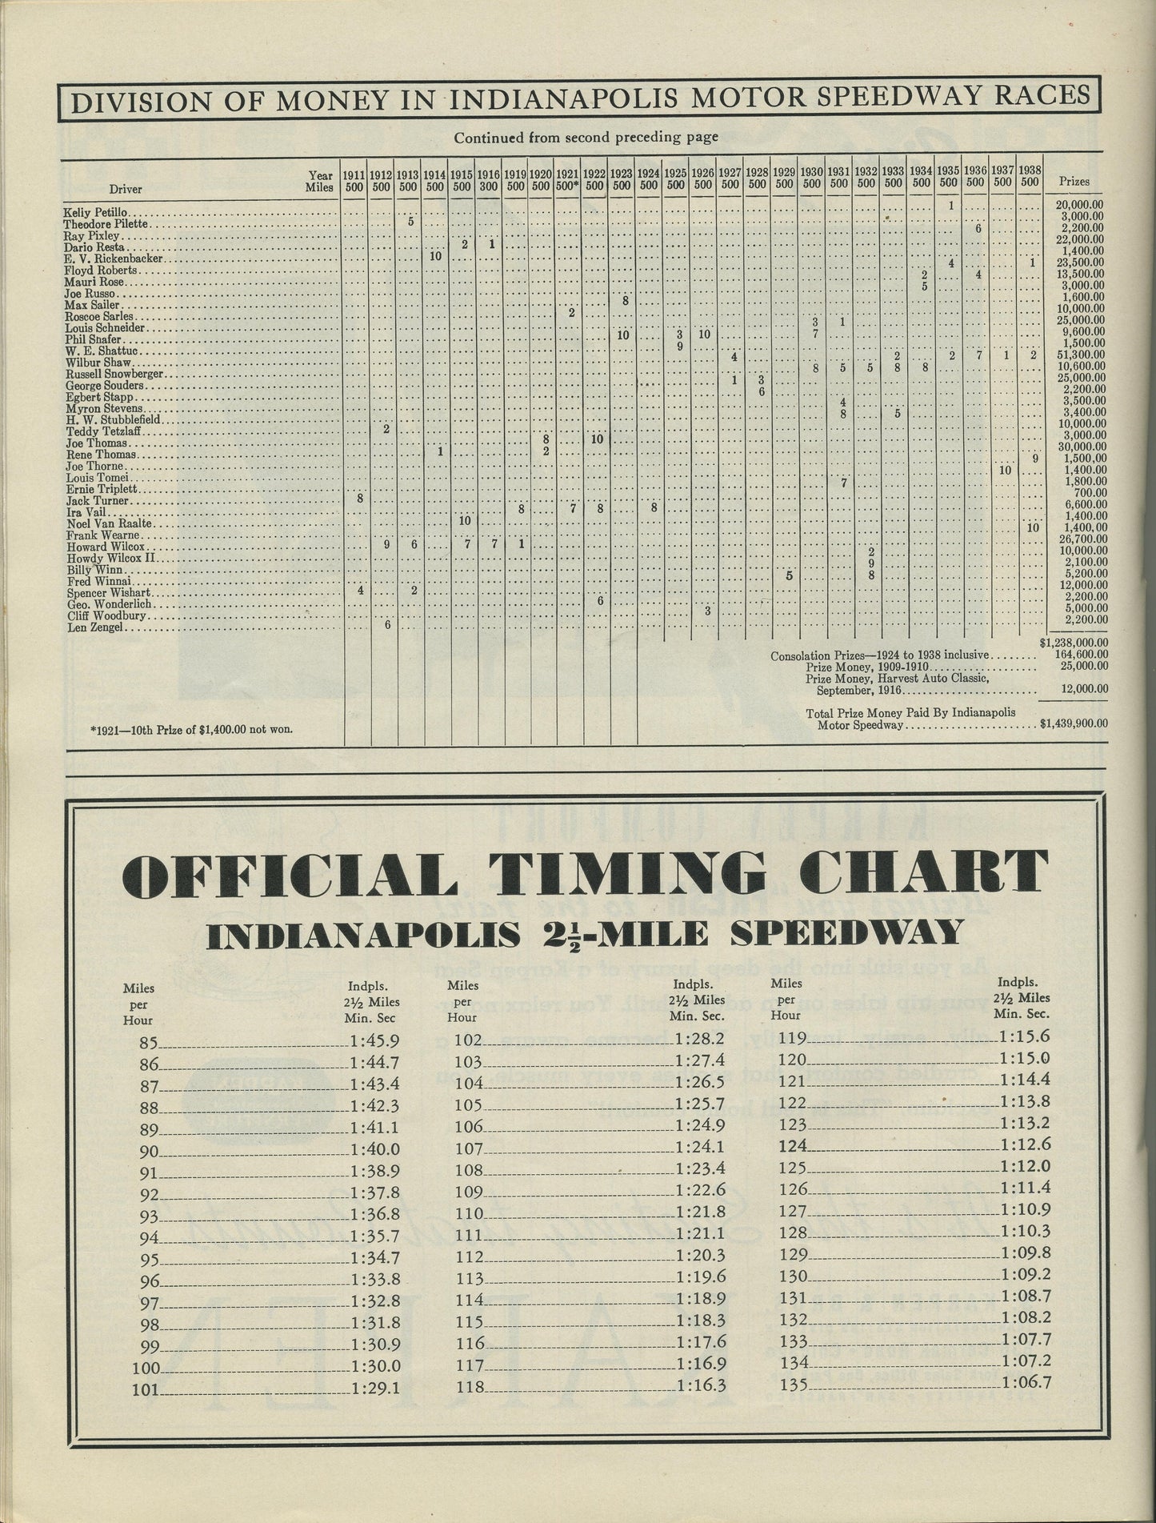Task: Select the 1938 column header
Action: [1030, 177]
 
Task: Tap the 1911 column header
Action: [354, 178]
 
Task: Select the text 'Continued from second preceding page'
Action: [586, 137]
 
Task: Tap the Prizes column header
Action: [1074, 182]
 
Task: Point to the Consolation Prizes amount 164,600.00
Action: [1077, 655]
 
